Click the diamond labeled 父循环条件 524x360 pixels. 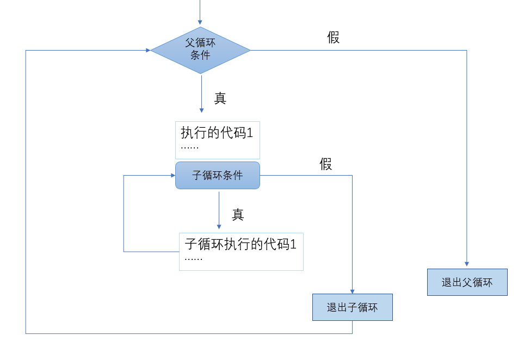(200, 50)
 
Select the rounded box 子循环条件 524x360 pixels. (218, 175)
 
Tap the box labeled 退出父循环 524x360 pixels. (467, 282)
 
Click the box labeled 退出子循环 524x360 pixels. (352, 307)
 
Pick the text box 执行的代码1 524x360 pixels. (217, 140)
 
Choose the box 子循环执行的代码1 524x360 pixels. (241, 251)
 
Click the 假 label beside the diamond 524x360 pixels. (334, 38)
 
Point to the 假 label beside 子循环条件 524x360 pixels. (326, 164)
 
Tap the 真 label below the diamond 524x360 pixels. (220, 98)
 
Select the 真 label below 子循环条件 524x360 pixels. (238, 215)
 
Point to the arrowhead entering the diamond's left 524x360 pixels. (147, 50)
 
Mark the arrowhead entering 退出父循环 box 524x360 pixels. (467, 265)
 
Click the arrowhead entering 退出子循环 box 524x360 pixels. (353, 291)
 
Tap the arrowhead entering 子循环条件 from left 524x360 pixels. (172, 175)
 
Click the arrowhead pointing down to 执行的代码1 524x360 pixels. (201, 110)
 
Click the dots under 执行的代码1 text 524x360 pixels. (190, 148)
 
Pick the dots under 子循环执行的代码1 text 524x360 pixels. (194, 259)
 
